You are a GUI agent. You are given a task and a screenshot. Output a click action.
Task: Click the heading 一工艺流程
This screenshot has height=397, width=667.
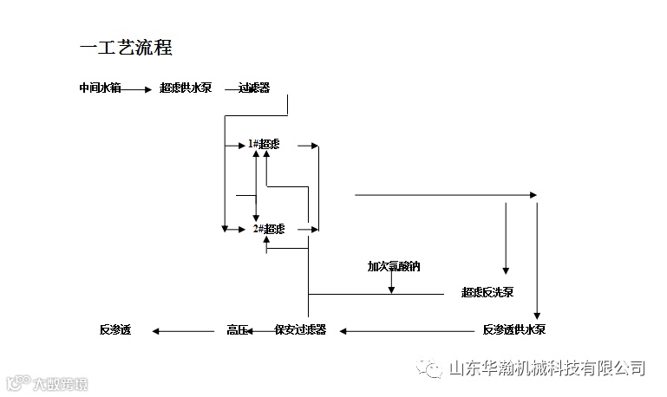tap(131, 47)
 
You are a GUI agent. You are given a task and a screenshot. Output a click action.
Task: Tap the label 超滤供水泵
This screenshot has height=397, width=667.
tap(186, 88)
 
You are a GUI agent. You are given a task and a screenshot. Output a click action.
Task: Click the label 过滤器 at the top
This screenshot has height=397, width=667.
tap(254, 88)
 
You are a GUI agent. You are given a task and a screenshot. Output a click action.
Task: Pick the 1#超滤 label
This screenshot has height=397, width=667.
tap(264, 144)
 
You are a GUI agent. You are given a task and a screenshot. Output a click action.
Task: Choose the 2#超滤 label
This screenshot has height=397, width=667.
tap(268, 229)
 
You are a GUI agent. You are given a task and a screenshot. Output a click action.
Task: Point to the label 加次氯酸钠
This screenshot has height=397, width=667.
tap(393, 266)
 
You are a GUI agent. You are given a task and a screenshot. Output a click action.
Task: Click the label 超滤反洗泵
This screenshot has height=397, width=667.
tap(487, 293)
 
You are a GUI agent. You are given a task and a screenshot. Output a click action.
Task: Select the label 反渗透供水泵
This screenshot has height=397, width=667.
tap(513, 329)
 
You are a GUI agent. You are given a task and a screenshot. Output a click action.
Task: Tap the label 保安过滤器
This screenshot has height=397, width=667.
tap(300, 329)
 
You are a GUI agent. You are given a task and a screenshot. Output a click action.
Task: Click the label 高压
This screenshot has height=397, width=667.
tap(237, 329)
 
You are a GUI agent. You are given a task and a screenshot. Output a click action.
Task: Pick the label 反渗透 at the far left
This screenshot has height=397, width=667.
tap(114, 329)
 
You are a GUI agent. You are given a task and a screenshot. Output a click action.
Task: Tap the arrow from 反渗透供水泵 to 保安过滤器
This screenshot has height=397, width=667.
tap(408, 329)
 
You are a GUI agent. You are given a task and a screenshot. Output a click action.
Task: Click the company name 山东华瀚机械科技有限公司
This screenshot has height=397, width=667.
tap(546, 368)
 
